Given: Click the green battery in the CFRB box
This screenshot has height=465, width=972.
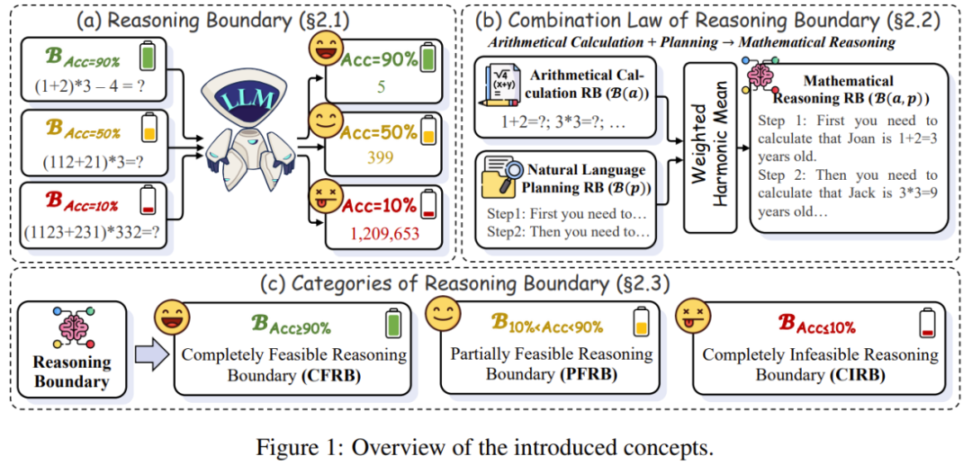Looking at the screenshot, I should click(391, 323).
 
